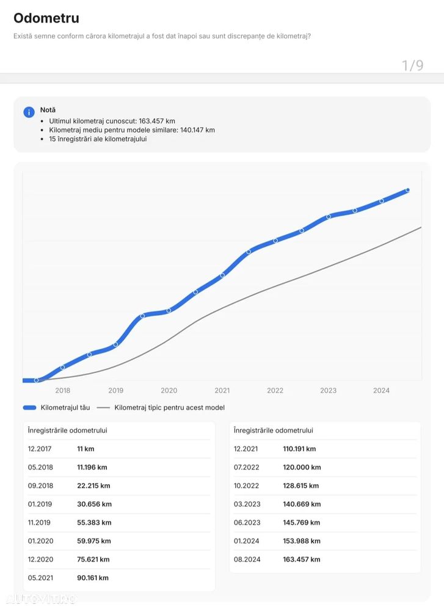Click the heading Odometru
[46, 18]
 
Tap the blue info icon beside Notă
[29, 112]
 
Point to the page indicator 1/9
[412, 65]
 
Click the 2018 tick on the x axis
[63, 391]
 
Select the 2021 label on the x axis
[222, 391]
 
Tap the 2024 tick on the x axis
[381, 391]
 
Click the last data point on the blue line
[407, 191]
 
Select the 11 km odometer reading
[86, 449]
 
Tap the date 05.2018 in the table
[40, 467]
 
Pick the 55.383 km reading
[93, 523]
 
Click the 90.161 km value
[93, 578]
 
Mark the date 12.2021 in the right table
[246, 449]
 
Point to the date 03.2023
[246, 504]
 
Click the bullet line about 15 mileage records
[98, 139]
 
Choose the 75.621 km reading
[93, 559]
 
